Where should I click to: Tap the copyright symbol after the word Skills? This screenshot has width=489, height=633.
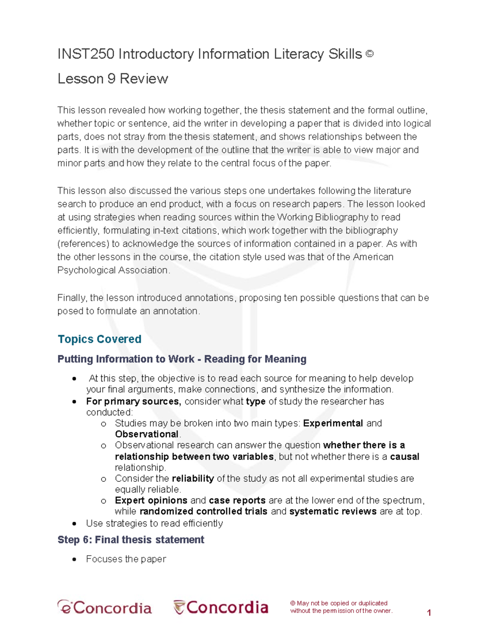click(x=369, y=53)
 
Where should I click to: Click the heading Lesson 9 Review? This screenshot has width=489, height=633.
click(x=112, y=79)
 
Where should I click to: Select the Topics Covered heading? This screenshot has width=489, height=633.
click(x=99, y=339)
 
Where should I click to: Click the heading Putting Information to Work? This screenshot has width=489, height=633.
click(x=182, y=359)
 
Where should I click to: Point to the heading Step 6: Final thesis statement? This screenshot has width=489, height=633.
click(x=131, y=540)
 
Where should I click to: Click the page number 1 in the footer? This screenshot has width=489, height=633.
click(x=429, y=612)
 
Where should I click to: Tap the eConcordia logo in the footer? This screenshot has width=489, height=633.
click(x=105, y=608)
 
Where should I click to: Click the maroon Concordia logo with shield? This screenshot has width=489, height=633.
click(x=221, y=607)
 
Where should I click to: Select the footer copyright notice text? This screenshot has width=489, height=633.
click(x=341, y=607)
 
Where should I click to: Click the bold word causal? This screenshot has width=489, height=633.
click(x=404, y=457)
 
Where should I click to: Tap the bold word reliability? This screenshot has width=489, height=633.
click(x=193, y=479)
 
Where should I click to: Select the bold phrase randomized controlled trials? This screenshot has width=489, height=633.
click(x=203, y=512)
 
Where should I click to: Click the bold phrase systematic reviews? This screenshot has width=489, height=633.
click(x=333, y=512)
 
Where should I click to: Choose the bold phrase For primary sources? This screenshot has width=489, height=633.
click(x=133, y=401)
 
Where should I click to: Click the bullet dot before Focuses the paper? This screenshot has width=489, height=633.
click(x=74, y=559)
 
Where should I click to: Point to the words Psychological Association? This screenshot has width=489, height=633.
click(x=112, y=270)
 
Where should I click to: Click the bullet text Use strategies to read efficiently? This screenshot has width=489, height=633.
click(x=154, y=523)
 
